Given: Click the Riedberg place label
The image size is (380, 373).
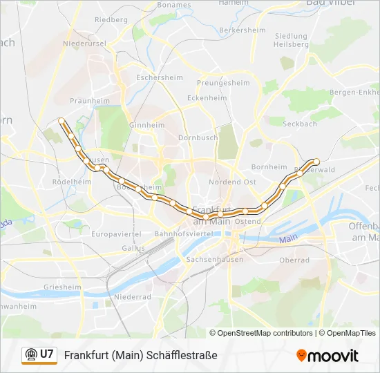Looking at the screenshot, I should click(x=111, y=20).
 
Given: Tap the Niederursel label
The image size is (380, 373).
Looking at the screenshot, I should click(x=82, y=43).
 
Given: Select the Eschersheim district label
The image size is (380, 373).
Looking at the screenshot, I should click(x=159, y=78).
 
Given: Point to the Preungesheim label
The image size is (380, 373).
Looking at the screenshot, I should click(x=223, y=83).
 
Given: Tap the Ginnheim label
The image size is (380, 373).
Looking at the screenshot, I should click(x=147, y=126).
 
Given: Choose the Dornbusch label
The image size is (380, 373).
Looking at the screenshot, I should click(x=198, y=137).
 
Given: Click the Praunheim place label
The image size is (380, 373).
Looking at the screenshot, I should click(x=90, y=101).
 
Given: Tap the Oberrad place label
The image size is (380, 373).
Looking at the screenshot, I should click(x=294, y=260).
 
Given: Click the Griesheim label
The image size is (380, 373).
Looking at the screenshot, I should click(x=62, y=287).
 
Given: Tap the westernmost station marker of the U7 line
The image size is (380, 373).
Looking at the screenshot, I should click(x=61, y=120).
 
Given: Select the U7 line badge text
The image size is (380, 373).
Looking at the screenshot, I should click(x=47, y=354).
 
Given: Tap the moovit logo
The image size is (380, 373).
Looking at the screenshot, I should click(x=327, y=356).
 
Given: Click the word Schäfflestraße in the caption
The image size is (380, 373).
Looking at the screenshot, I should click(x=182, y=355).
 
